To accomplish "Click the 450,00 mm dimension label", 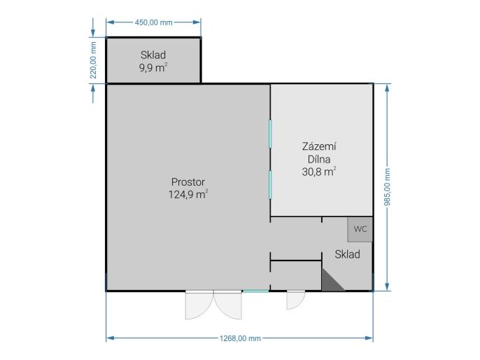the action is [154, 22].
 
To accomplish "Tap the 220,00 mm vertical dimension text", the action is [93, 60].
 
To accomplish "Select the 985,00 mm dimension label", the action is [388, 187].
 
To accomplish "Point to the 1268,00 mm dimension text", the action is [240, 338].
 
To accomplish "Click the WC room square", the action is [360, 229].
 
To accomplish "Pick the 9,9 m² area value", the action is [153, 67].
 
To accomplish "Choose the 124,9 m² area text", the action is [188, 194].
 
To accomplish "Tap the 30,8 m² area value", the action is [319, 172].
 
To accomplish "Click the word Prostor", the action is [188, 182].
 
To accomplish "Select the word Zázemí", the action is [319, 146].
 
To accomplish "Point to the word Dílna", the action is [319, 159].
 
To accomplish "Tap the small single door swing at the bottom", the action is [296, 300].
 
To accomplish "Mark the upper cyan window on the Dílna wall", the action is [270, 134].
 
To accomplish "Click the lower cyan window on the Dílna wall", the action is [270, 185].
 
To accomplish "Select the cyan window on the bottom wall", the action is [255, 291].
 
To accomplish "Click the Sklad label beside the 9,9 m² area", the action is [153, 55].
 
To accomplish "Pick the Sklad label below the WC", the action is [348, 254].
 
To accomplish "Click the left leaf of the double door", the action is [199, 305].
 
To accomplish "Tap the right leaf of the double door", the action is [228, 305].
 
